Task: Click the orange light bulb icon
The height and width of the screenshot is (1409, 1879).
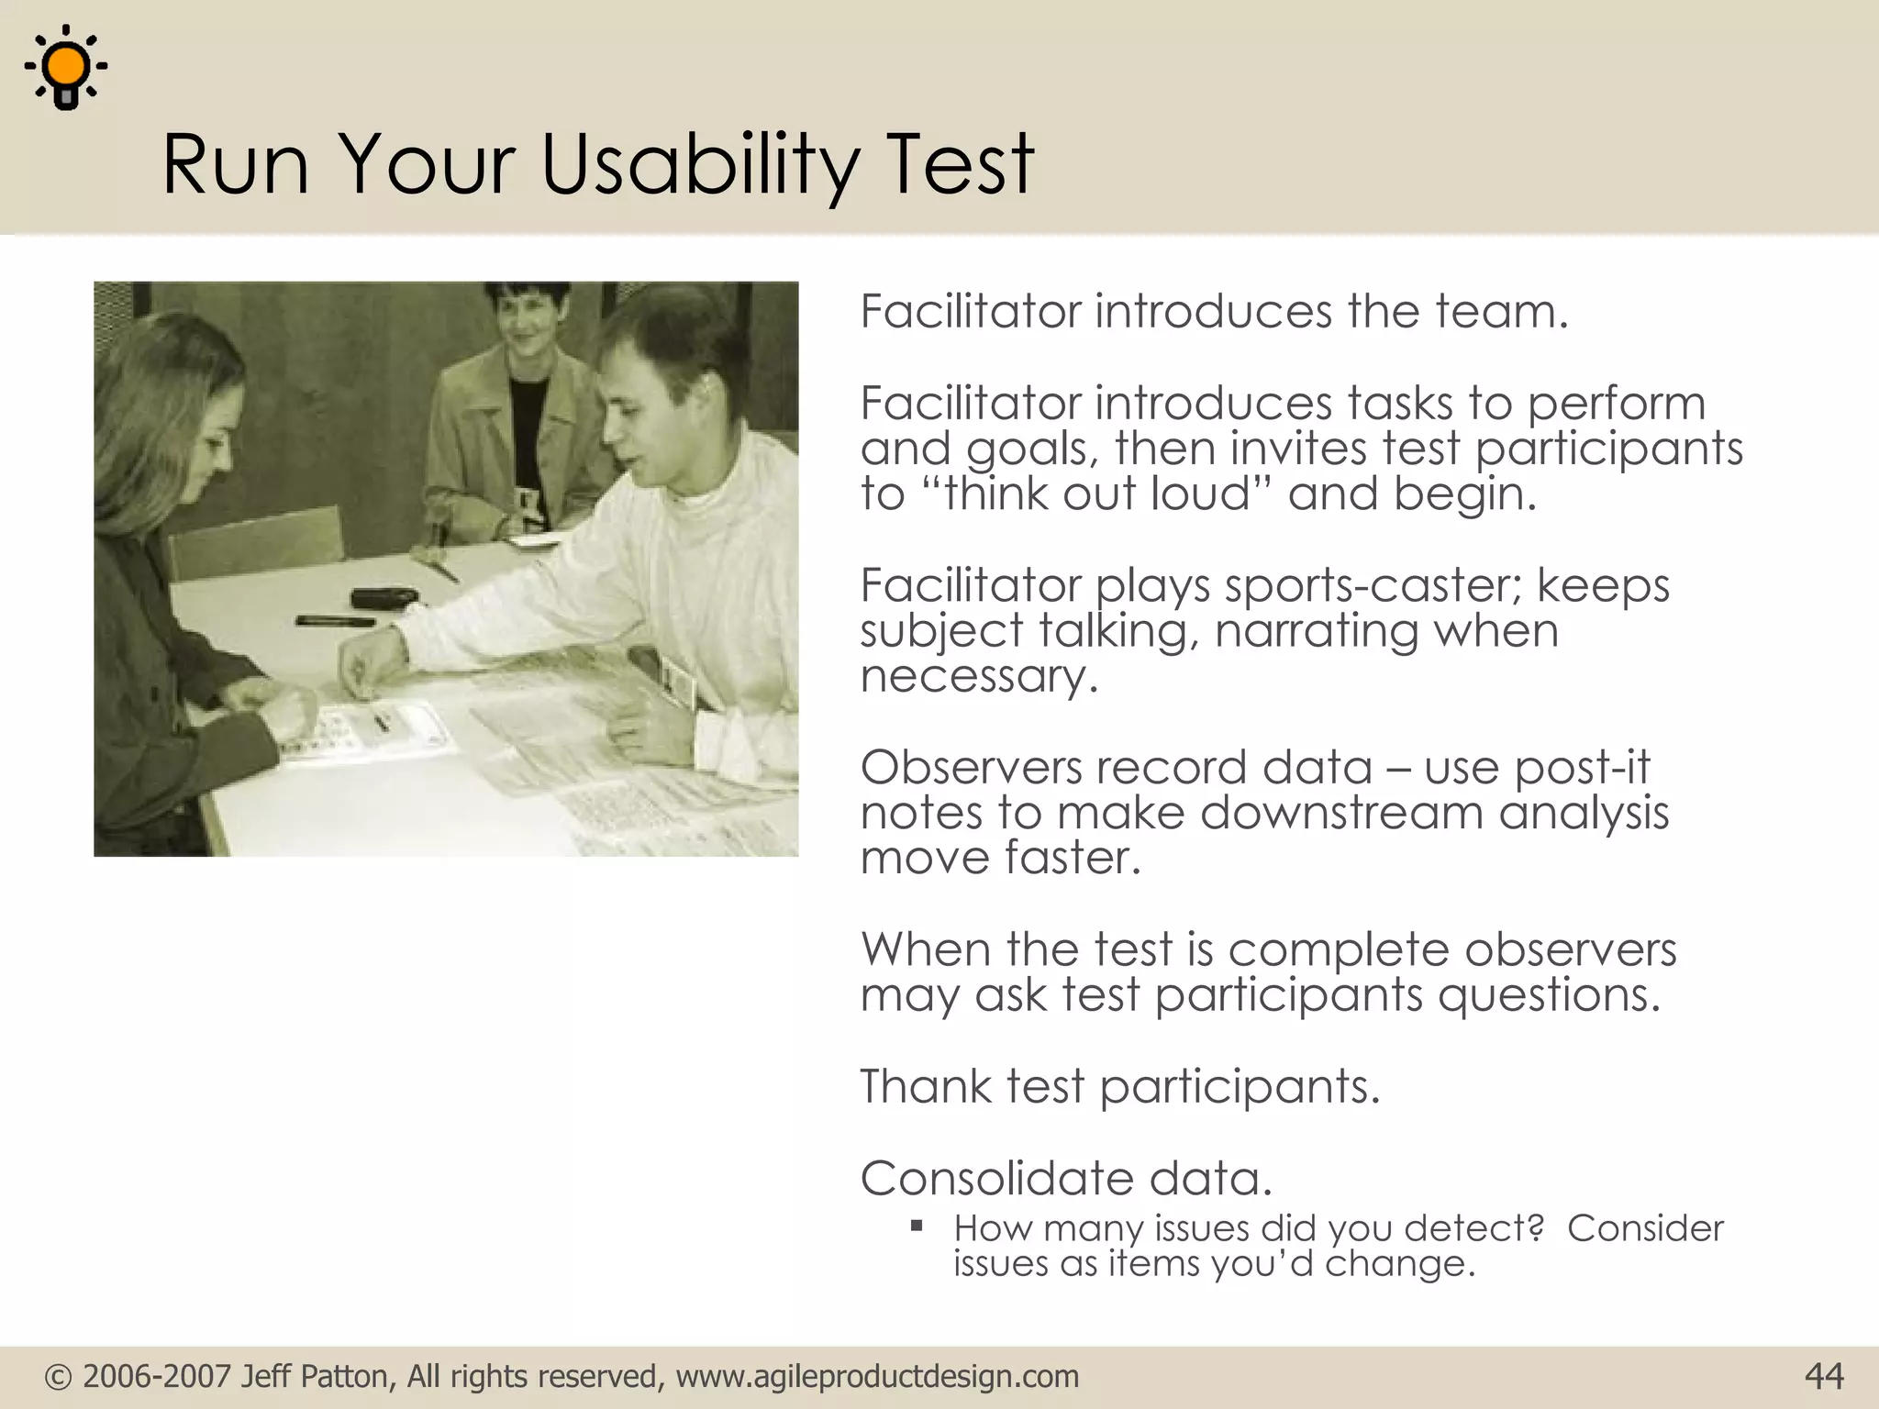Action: [x=66, y=67]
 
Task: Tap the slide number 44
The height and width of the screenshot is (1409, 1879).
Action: [x=1824, y=1376]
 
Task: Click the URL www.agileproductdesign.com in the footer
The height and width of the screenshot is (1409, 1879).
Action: [x=877, y=1377]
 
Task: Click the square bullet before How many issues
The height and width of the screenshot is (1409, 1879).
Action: [x=916, y=1226]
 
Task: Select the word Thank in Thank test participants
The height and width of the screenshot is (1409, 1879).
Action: [x=926, y=1086]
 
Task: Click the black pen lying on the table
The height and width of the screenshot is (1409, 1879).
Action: [x=335, y=621]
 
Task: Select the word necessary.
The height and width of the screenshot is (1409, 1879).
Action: [x=978, y=676]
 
